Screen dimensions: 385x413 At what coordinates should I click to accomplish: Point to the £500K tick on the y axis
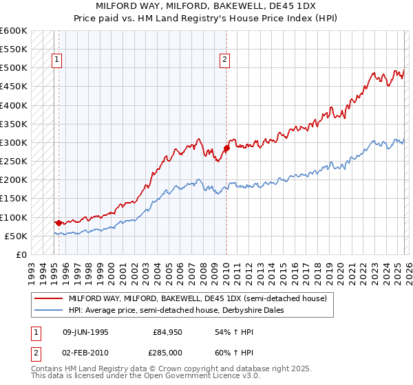pos(13,68)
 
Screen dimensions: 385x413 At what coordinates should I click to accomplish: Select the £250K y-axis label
pos(13,162)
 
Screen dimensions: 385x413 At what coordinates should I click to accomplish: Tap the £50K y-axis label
pos(15,236)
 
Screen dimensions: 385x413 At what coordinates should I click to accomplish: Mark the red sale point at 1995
pos(59,223)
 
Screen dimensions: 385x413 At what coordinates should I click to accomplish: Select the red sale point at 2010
pos(226,148)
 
